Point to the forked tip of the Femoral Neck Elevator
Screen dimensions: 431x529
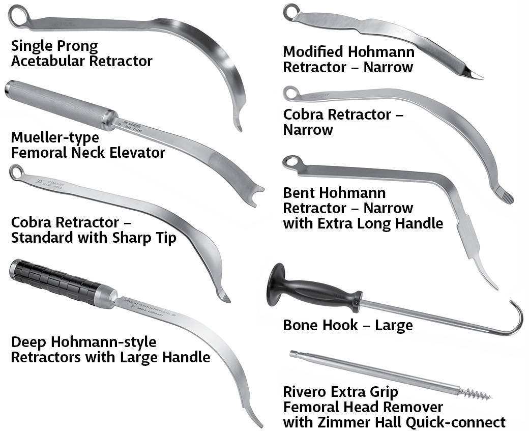[x=258, y=192]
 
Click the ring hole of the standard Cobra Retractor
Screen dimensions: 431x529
[x=16, y=170]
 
